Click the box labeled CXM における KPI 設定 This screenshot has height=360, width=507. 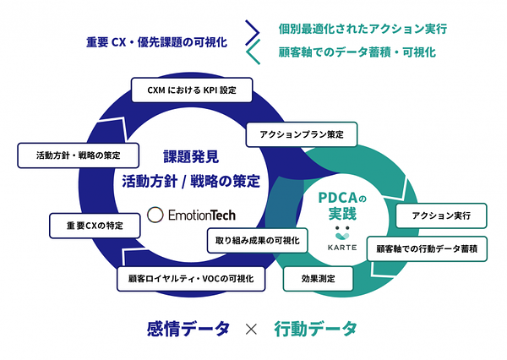(x=192, y=90)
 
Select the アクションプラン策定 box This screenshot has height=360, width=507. (x=302, y=134)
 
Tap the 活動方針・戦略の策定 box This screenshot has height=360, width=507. (x=79, y=155)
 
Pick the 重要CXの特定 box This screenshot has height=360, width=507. (x=95, y=226)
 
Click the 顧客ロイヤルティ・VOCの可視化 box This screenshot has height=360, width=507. (x=191, y=279)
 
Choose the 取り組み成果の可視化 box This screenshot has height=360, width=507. (x=258, y=240)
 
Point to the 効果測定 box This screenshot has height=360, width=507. (x=319, y=279)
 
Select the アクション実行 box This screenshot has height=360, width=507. (x=441, y=215)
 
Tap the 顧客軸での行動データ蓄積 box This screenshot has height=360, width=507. (x=427, y=248)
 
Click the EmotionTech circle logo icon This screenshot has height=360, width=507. (x=155, y=215)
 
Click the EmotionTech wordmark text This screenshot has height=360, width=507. (x=202, y=215)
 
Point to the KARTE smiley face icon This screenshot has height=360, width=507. (x=342, y=232)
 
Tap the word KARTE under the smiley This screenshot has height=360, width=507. (x=342, y=248)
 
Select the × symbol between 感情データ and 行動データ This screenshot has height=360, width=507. (x=251, y=330)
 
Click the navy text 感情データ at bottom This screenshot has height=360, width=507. (x=188, y=329)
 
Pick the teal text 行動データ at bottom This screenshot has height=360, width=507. (x=315, y=329)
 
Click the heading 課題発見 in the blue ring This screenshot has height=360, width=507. (x=191, y=157)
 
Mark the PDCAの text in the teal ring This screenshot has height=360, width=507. (x=342, y=198)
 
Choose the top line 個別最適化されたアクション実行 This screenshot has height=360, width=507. (x=363, y=29)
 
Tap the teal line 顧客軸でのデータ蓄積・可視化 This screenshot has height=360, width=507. (x=357, y=52)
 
